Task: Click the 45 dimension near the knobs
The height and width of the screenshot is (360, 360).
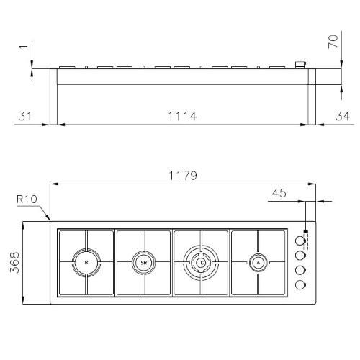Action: coord(280,193)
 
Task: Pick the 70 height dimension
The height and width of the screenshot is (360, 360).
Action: coord(333,40)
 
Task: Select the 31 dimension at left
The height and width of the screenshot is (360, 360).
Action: coord(26,115)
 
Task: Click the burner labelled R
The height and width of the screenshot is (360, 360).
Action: coord(86,263)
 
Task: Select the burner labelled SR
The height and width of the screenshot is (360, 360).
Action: coord(144,263)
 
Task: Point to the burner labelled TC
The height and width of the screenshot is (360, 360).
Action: coord(201,263)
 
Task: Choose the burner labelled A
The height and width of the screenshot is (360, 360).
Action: coord(258,263)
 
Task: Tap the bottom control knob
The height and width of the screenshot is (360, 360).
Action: coord(301,285)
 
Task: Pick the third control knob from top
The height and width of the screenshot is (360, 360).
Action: coord(301,271)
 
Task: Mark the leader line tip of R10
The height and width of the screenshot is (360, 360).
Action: coord(48,219)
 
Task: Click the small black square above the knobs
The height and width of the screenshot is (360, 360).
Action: coord(307,232)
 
